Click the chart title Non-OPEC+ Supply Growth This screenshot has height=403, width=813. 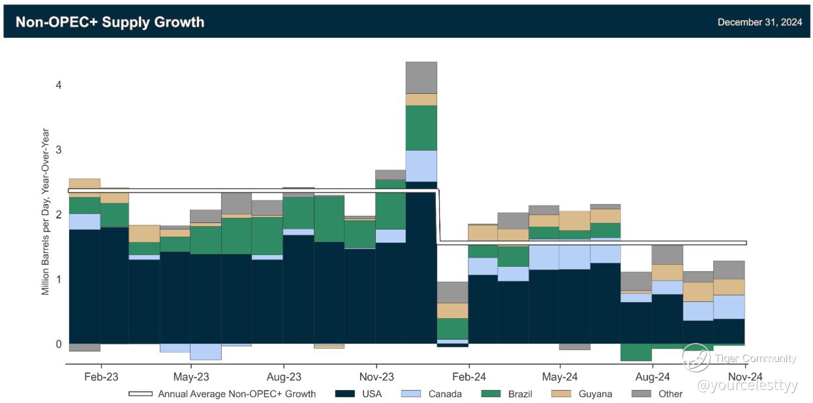click(x=110, y=22)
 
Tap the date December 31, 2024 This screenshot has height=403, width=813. click(x=759, y=22)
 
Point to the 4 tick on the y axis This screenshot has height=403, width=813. click(x=58, y=85)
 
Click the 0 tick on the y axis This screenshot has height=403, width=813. click(x=58, y=344)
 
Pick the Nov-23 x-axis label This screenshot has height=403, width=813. click(x=376, y=377)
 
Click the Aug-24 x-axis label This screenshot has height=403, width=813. click(x=652, y=377)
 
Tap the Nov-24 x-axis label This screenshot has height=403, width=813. click(x=745, y=377)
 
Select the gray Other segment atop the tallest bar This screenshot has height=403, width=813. click(x=421, y=78)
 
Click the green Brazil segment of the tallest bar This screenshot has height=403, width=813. click(x=421, y=128)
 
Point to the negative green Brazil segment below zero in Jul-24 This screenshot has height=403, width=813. click(x=636, y=352)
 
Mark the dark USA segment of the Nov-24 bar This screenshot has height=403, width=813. click(x=729, y=331)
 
